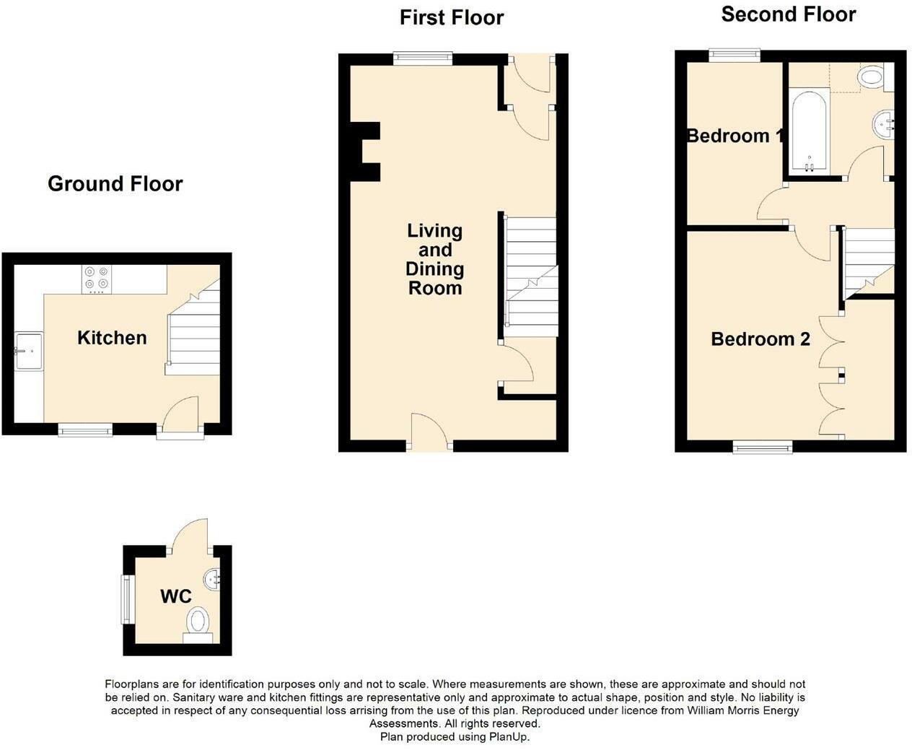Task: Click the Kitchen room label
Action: coord(112,338)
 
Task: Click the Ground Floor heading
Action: coord(115,184)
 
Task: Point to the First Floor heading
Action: coord(452,17)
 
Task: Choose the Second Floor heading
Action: coord(788,14)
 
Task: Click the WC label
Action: coord(175,596)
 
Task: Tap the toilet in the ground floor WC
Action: coord(198,622)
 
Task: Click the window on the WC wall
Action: coord(127,598)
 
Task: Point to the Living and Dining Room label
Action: coord(434,259)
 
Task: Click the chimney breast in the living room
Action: coord(364,151)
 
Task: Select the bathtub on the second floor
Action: coord(810,131)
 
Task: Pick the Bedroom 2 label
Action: coord(760,339)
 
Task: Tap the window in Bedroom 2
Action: coord(762,448)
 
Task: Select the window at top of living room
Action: coord(423,58)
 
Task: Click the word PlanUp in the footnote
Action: coord(509,737)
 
